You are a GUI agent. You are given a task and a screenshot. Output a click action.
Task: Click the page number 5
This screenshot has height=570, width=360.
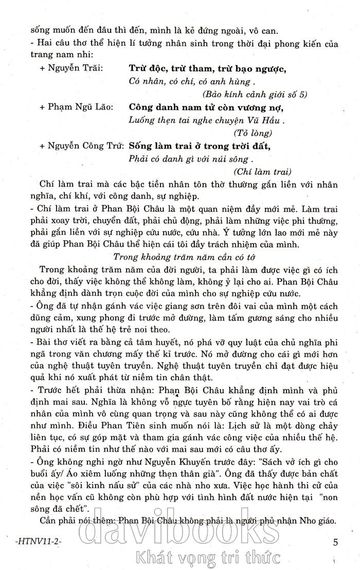pyautogui.click(x=335, y=528)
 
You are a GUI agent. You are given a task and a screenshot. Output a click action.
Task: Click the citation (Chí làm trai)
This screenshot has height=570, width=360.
pyautogui.click(x=262, y=171)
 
